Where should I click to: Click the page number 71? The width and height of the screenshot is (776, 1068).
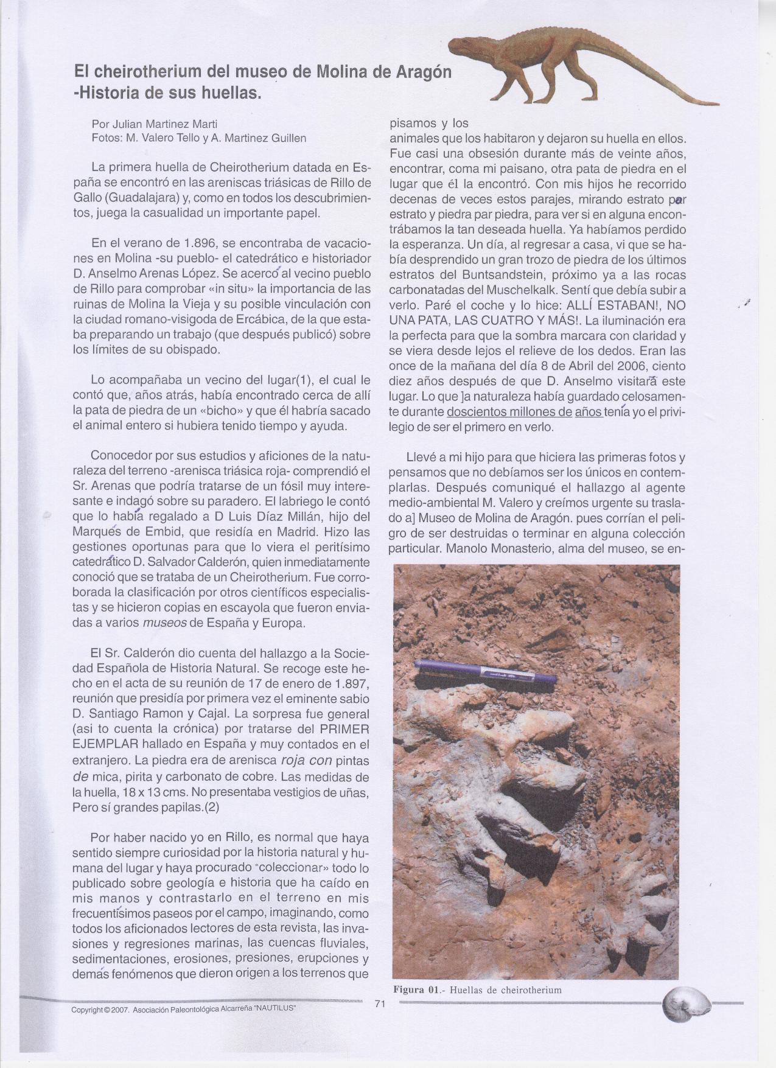tap(380, 1021)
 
